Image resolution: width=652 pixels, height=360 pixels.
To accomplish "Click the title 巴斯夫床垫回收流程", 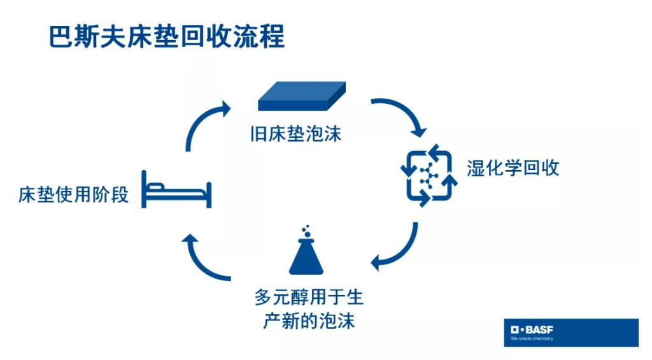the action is pos(167,36).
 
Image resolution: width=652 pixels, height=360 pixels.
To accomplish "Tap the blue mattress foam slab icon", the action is pos(302,96).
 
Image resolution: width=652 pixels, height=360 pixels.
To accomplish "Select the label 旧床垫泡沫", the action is pos(296,134).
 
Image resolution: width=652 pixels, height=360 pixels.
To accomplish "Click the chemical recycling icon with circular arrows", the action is pos(429,175).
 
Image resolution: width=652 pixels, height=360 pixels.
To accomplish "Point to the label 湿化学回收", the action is pos(513,168).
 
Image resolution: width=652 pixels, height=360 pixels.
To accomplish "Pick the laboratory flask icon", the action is pos(306,250).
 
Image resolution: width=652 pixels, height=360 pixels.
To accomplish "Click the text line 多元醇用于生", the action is pos(309,297).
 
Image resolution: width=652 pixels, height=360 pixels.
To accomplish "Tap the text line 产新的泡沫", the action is pos(309,321).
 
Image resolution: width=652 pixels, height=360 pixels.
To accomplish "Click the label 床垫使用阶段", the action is pos(74,195).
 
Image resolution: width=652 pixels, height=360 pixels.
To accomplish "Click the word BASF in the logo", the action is pos(539,330).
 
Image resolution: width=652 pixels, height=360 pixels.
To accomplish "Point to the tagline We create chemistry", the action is pos(532,339).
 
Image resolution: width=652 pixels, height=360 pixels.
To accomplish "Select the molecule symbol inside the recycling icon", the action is pos(429,176).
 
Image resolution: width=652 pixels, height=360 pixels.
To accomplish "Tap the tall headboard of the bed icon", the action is pos(144,189).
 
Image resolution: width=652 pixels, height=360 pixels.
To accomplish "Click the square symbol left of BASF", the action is pos(514,330).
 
